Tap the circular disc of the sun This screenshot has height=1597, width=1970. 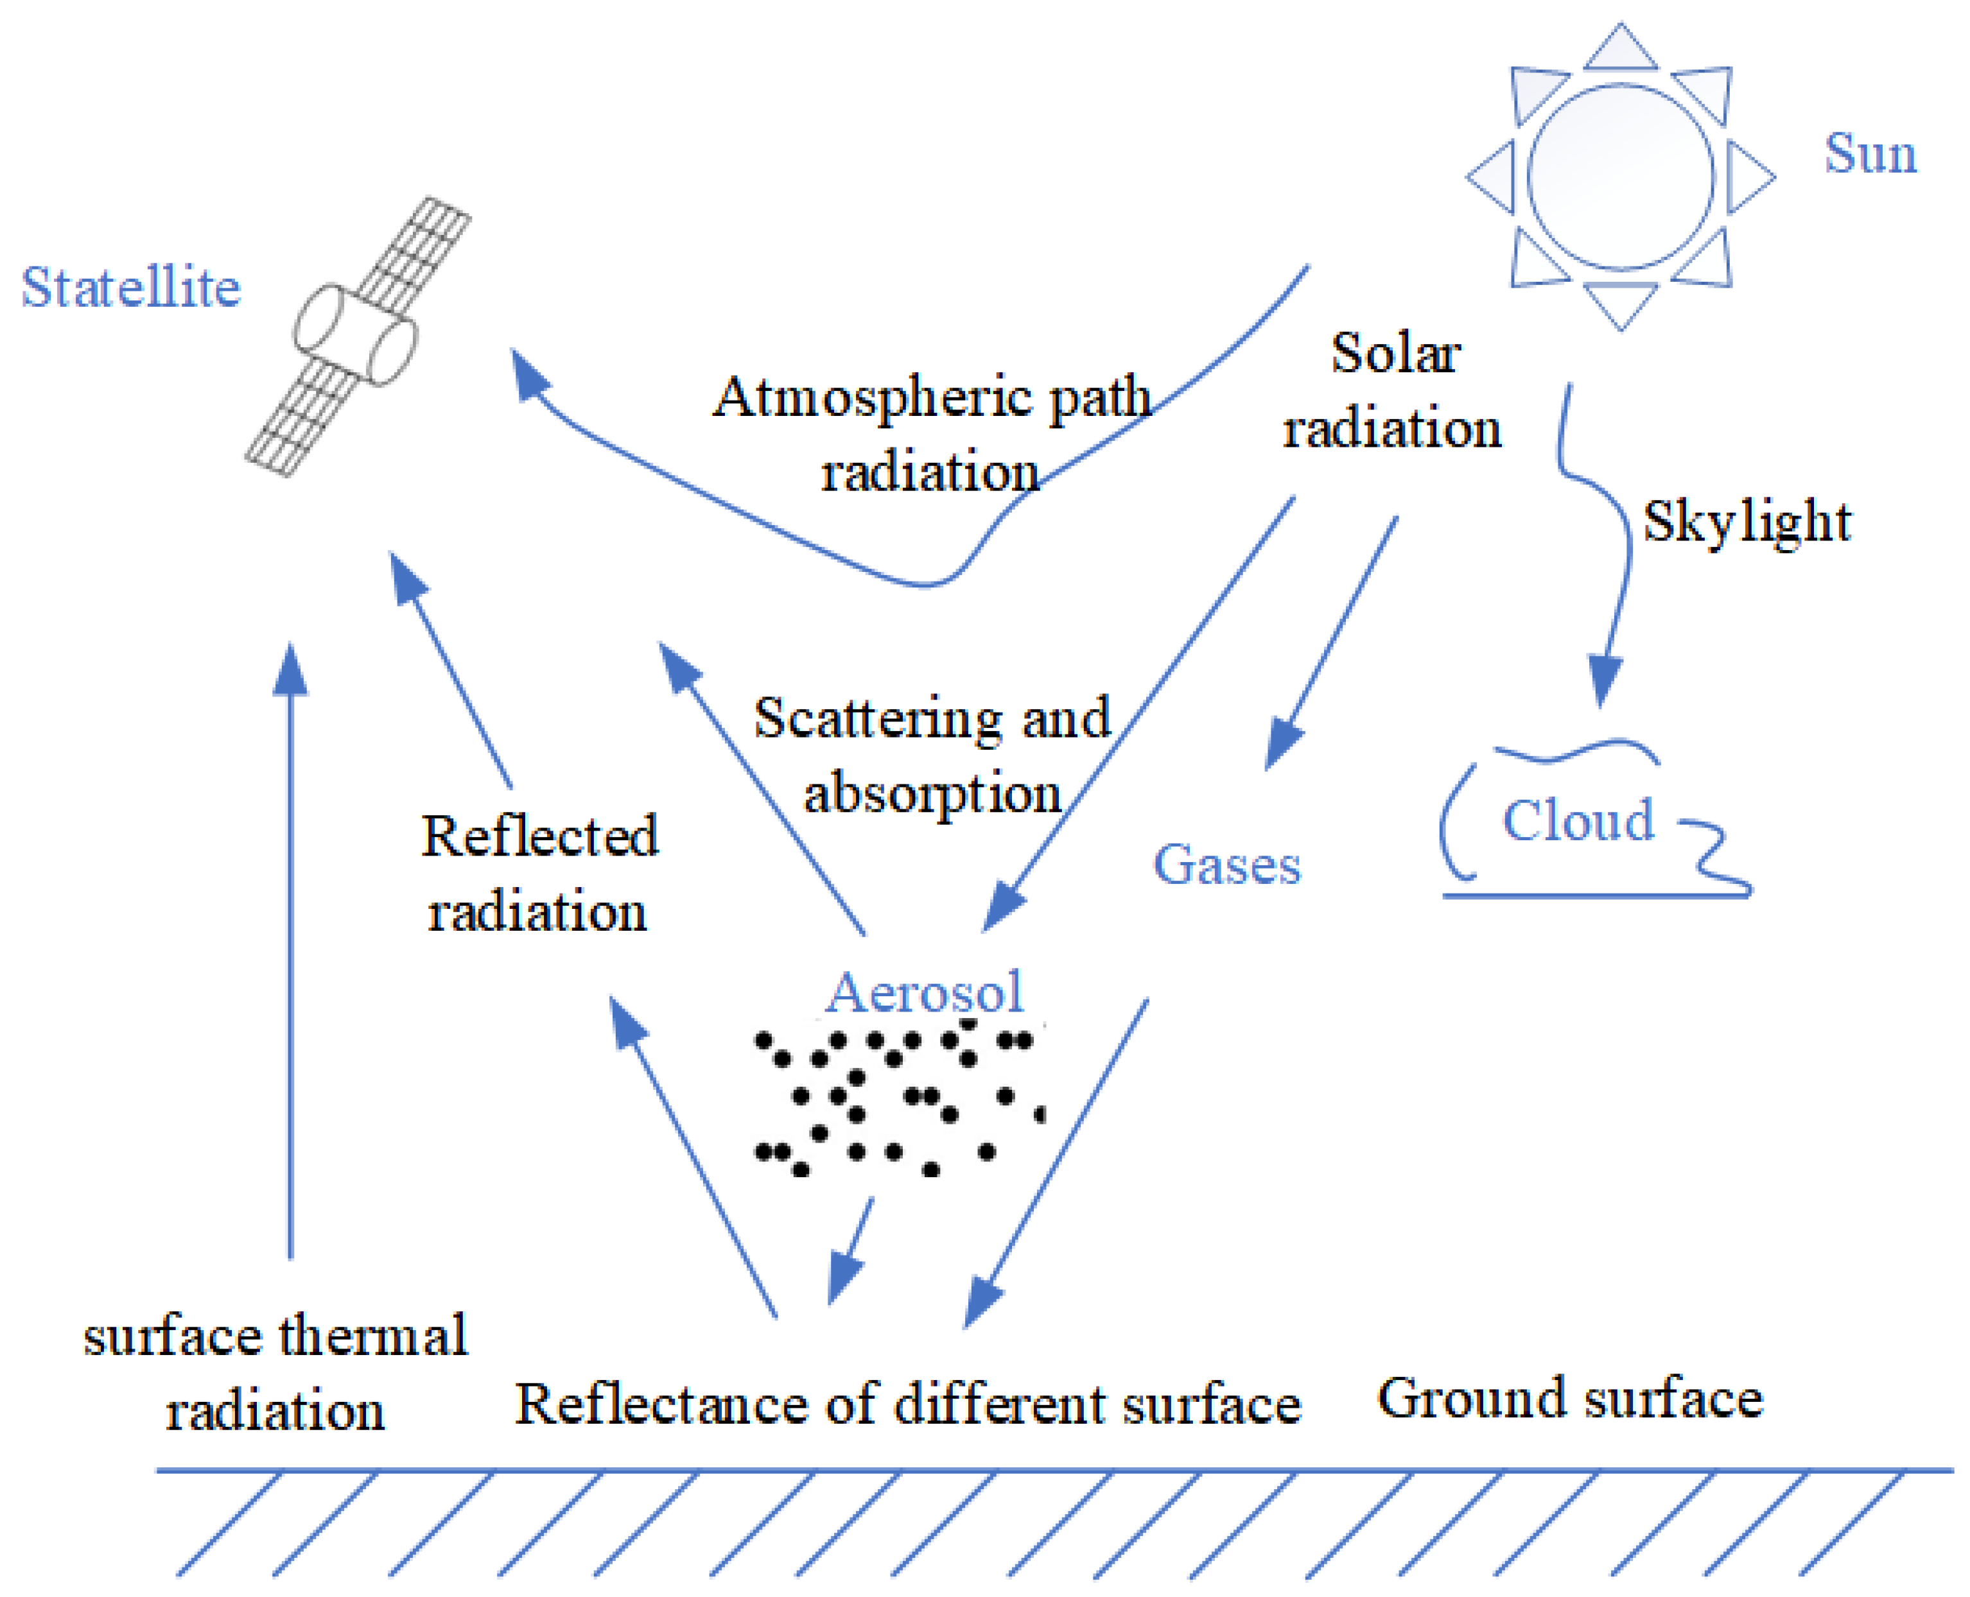click(x=1619, y=177)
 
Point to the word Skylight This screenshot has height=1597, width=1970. click(x=1745, y=522)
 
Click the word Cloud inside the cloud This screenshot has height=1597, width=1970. click(x=1577, y=820)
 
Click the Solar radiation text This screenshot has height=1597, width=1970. click(x=1392, y=392)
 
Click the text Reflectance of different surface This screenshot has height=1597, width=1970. click(x=907, y=1404)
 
